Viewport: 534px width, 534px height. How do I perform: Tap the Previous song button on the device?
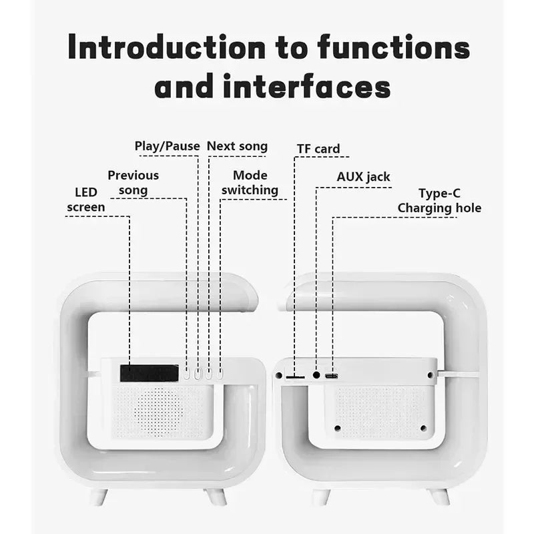188,374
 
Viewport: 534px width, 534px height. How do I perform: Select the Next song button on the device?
209,374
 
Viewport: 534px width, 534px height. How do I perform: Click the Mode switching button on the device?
219,374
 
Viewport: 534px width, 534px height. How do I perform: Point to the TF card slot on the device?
294,377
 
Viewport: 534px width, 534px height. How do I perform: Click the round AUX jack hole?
316,376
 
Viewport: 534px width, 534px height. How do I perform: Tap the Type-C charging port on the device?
332,376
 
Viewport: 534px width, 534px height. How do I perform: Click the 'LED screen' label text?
86,200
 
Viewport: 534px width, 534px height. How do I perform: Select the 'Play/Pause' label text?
167,146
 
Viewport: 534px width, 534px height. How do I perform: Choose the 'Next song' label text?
237,146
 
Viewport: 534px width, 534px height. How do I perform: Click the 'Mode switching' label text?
250,183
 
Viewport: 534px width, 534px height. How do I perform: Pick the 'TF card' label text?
318,149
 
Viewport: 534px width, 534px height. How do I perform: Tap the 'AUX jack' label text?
363,177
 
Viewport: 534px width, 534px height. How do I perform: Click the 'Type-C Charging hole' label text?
439,201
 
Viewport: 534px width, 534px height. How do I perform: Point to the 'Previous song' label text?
133,183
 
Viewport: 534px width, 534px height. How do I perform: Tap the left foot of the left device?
99,496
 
